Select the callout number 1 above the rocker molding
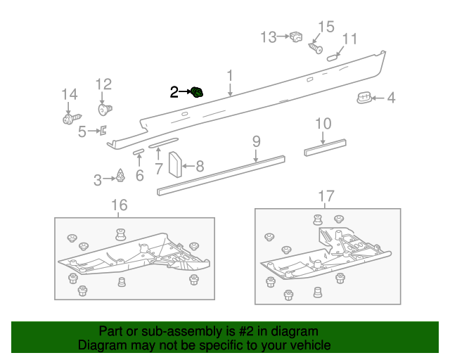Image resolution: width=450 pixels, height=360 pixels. [x=230, y=76]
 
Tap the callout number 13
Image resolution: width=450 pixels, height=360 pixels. [x=269, y=37]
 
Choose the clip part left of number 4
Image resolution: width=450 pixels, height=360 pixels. [x=364, y=98]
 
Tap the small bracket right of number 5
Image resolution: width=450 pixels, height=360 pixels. [x=103, y=130]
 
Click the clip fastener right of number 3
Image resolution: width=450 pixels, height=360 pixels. [x=121, y=176]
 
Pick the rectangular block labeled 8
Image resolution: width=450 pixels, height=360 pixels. [x=174, y=166]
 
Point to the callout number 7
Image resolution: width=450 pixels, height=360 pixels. [x=159, y=168]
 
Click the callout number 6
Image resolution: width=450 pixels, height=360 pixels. [x=139, y=175]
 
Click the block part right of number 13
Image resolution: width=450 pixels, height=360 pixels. [x=296, y=36]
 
